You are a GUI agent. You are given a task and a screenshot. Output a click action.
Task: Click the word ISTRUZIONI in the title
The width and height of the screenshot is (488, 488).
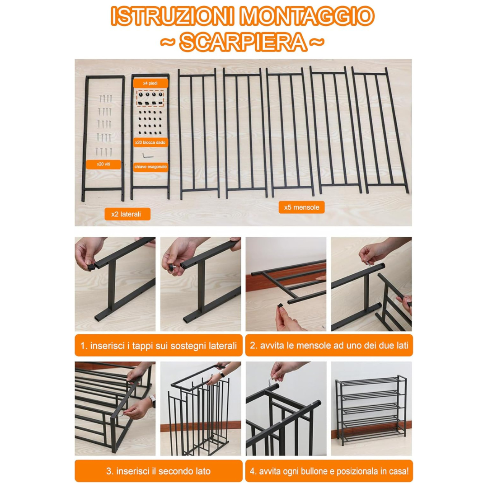click(173, 16)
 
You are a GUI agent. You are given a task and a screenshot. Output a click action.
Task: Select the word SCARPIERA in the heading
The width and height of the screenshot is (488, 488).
click(243, 42)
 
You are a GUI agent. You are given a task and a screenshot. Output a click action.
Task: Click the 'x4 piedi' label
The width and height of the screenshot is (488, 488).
click(150, 83)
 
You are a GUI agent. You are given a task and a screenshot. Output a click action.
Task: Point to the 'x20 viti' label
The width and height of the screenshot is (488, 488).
click(103, 164)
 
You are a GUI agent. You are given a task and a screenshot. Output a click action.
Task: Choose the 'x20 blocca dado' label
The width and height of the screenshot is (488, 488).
click(150, 142)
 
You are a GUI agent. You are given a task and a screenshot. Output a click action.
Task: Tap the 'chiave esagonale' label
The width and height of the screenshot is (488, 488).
click(150, 167)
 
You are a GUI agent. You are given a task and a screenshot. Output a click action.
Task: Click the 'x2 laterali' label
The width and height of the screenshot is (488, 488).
click(127, 214)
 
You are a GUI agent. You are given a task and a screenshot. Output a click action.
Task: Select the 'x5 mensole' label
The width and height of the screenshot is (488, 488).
click(301, 207)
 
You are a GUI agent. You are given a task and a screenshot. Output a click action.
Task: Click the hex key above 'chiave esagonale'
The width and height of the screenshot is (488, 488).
click(147, 155)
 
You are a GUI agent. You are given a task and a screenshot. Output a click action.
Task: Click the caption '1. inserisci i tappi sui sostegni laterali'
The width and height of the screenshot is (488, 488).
click(159, 346)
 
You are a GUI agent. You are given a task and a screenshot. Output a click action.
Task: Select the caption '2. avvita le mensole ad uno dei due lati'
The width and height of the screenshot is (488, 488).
click(329, 346)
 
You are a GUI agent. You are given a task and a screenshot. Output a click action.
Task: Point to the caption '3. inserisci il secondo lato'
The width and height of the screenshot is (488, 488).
click(159, 471)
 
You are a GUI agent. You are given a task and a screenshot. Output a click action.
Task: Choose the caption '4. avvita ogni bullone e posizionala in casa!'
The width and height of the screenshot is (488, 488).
click(329, 471)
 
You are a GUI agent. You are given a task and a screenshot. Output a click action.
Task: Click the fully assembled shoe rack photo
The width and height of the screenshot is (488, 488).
click(371, 408)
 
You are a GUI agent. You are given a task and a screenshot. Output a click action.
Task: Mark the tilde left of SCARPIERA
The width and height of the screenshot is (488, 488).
click(168, 42)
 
